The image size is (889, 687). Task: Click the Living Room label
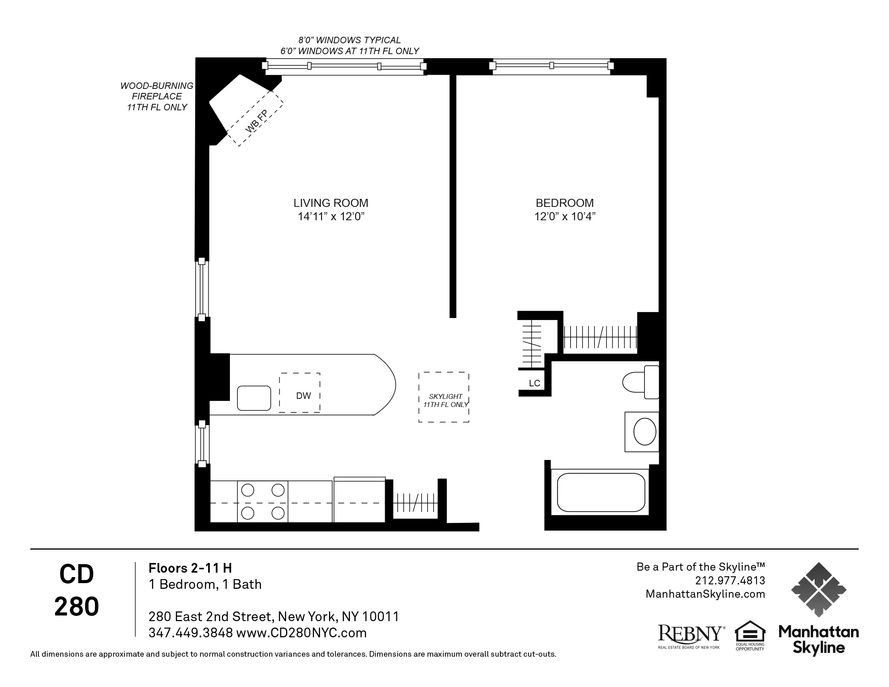coord(331,203)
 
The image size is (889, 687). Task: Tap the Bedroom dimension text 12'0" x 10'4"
coord(565,217)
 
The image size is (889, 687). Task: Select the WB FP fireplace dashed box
coord(255,118)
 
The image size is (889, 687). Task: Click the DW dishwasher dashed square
coord(299,393)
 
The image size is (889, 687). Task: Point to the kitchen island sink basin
coord(254,398)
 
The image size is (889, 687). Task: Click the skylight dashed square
coord(444,397)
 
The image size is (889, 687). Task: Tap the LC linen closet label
coord(534,384)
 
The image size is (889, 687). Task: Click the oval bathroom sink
coord(645,432)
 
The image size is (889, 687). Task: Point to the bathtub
coord(601,492)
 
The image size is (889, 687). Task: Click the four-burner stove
coord(263,502)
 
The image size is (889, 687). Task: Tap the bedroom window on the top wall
coord(551,66)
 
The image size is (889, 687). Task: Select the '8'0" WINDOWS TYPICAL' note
coord(349,40)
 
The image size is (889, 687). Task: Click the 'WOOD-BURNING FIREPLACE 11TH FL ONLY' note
coord(157,97)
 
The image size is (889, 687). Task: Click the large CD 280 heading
coord(76,590)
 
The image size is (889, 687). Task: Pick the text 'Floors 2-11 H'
coord(190,568)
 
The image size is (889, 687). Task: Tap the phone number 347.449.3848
coord(190,633)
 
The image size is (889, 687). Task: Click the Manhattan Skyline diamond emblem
coord(819,589)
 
